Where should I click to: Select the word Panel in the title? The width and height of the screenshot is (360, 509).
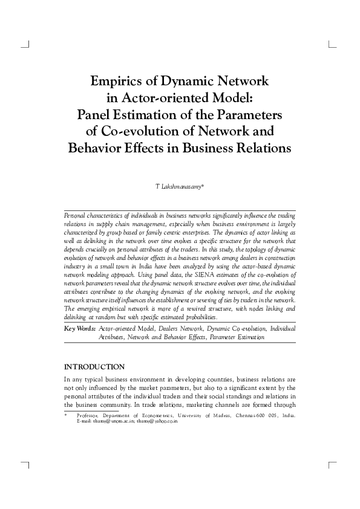[96, 114]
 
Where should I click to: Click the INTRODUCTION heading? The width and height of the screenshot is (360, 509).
[94, 367]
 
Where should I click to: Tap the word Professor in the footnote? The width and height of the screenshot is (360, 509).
[90, 416]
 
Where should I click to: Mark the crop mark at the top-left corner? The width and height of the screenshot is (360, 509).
[27, 45]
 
